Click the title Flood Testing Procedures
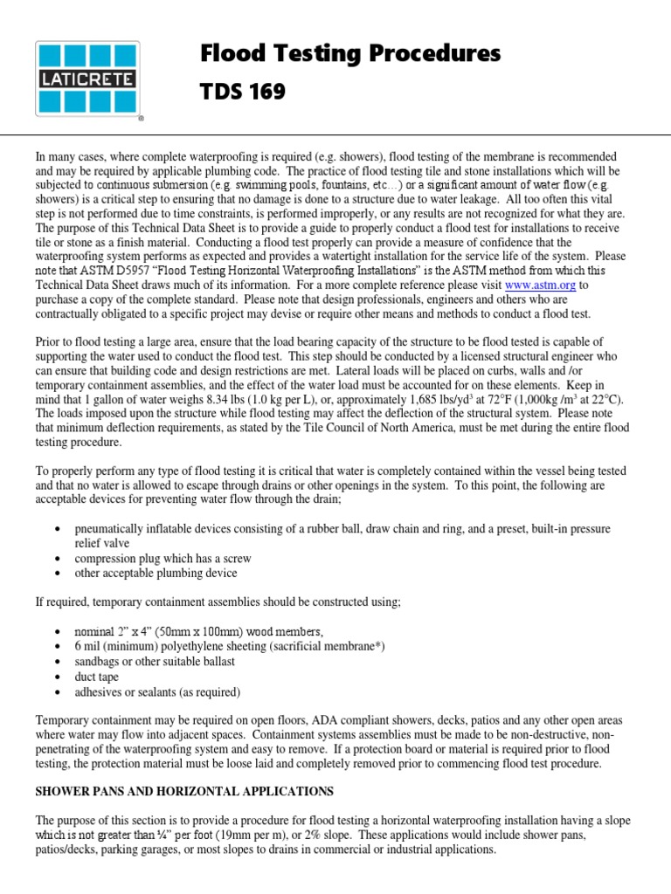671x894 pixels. (350, 54)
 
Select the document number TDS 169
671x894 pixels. (243, 92)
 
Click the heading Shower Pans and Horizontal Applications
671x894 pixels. (184, 791)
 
